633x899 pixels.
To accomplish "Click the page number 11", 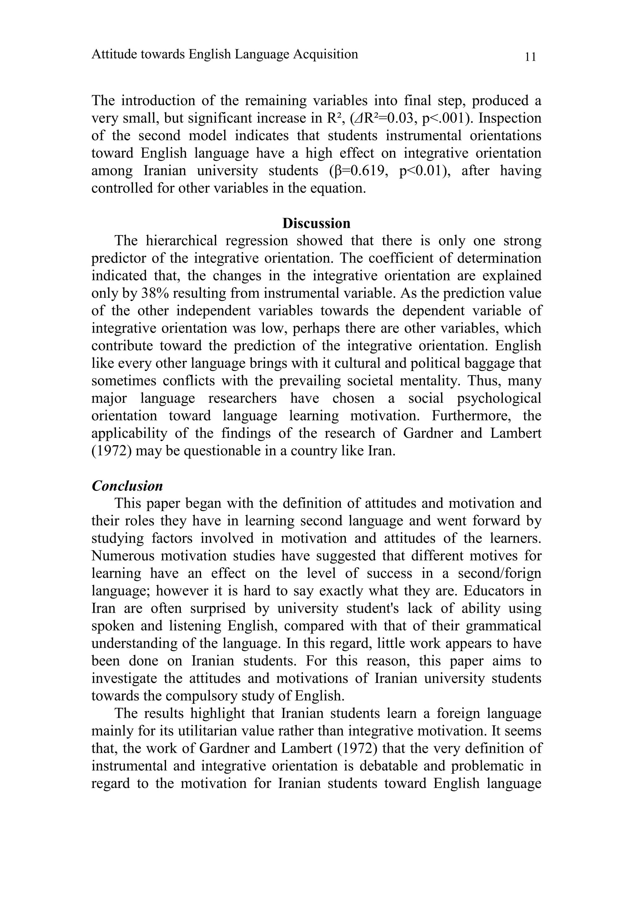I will (530, 57).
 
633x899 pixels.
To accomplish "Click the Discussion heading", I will (316, 224).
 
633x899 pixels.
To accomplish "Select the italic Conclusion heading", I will (127, 486).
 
